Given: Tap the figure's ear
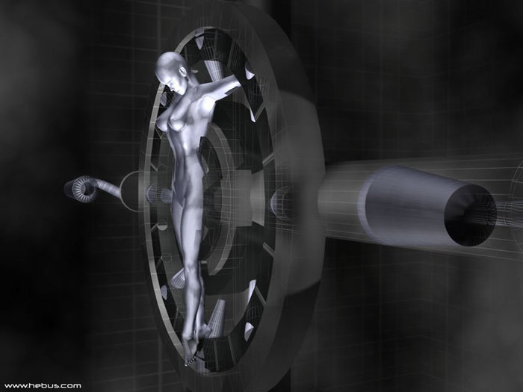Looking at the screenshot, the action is point(183,71).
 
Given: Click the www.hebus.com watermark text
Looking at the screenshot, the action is point(43,386).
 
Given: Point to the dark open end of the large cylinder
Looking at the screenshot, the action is point(470,215).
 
